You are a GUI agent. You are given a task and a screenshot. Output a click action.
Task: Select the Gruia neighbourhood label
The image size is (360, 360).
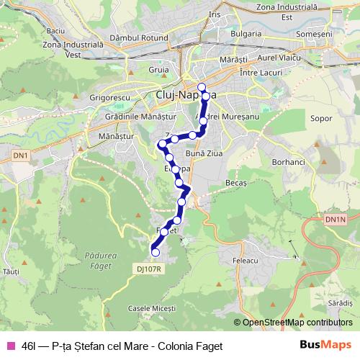click(159, 70)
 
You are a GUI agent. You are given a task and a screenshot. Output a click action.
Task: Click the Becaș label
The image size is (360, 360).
click(235, 184)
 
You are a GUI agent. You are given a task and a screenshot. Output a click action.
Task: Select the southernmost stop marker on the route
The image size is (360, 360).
click(155, 252)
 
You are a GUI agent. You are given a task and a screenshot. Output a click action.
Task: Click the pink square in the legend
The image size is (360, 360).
click(11, 346)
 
